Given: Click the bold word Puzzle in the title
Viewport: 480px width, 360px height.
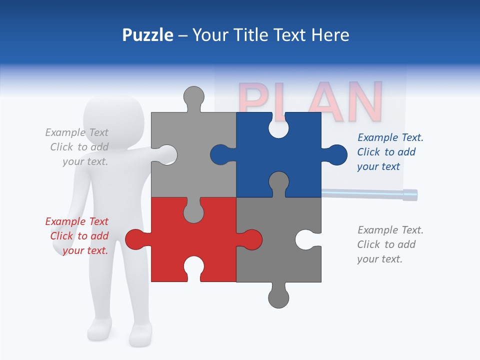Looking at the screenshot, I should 148,35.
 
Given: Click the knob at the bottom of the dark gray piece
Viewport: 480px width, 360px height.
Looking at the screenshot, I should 278,297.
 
